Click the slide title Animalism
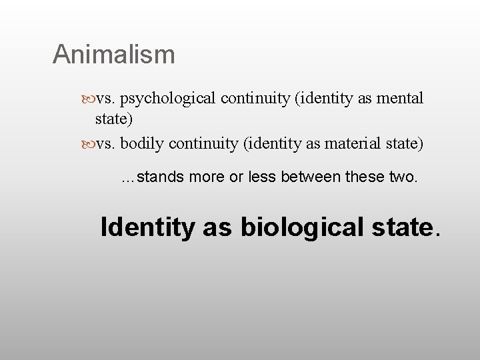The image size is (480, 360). pyautogui.click(x=113, y=54)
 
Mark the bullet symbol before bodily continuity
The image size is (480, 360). pyautogui.click(x=90, y=143)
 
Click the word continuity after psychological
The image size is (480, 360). pyautogui.click(x=253, y=99)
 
